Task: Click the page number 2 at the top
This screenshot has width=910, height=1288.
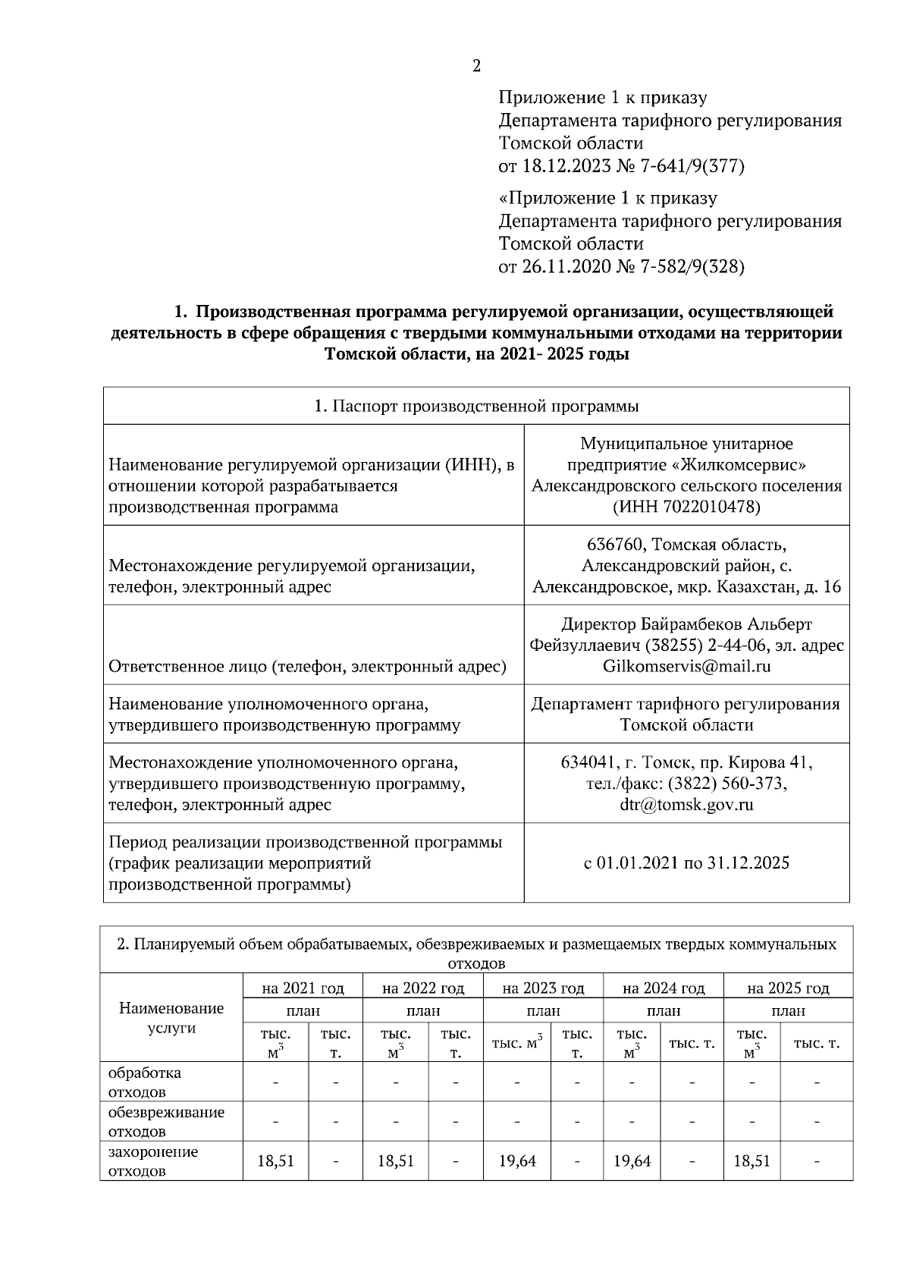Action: click(476, 66)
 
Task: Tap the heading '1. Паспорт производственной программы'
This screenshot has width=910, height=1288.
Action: click(476, 406)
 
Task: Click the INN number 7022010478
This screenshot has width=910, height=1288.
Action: click(710, 507)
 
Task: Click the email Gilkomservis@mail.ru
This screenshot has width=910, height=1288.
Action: click(686, 666)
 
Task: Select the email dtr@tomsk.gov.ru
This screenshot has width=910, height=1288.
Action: click(686, 805)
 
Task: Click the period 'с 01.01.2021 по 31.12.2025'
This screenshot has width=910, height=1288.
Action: click(686, 862)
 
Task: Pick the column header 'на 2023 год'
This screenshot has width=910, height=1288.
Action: click(543, 988)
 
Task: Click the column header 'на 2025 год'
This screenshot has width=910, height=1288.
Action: click(788, 988)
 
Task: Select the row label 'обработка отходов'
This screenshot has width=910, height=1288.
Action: click(145, 1082)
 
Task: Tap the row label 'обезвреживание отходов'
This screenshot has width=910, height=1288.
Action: click(166, 1122)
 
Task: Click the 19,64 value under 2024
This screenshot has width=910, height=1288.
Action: click(632, 1161)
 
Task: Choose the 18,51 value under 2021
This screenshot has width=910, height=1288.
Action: click(275, 1161)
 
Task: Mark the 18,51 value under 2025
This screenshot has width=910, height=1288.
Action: click(752, 1161)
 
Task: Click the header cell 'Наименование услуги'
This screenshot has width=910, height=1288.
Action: click(171, 1018)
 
